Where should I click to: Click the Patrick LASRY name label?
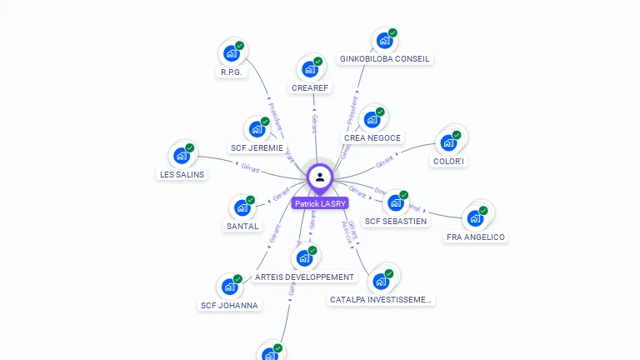tap(320, 203)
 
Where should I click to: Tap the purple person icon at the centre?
tap(320, 177)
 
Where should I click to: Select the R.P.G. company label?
tap(231, 72)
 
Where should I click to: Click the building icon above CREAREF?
tap(310, 69)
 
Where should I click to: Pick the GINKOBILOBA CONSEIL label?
tap(384, 59)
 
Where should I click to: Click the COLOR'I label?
tap(449, 161)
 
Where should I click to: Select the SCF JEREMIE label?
tap(257, 148)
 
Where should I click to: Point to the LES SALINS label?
tap(182, 175)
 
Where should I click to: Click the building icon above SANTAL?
tap(242, 207)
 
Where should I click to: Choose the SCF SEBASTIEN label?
tap(396, 222)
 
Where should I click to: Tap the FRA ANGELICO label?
tap(476, 237)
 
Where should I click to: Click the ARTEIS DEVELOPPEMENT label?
tap(304, 277)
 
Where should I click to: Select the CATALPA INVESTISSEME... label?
tap(381, 299)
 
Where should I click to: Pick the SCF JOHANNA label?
tap(230, 305)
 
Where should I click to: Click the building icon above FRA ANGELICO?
tap(475, 218)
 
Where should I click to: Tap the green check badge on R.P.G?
tap(239, 46)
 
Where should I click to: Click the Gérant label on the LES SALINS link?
tap(250, 167)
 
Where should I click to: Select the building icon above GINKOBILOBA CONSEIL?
tap(384, 40)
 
